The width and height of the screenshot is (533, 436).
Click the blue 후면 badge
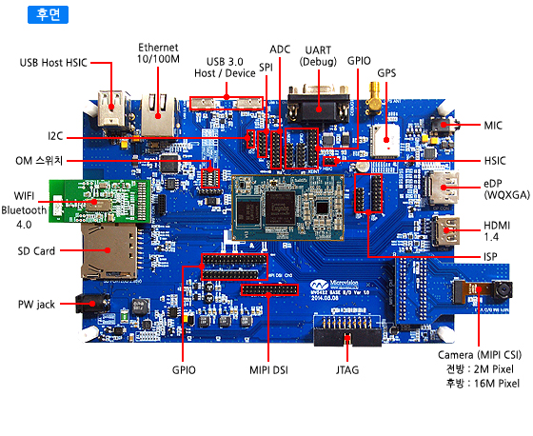[x=48, y=14]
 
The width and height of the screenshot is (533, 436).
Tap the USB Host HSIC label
[x=53, y=63]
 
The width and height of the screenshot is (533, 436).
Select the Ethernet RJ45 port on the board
[x=158, y=115]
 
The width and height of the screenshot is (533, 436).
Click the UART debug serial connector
[x=319, y=104]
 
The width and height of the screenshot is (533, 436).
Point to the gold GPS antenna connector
[x=374, y=98]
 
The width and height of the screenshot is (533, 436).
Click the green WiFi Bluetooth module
[x=100, y=201]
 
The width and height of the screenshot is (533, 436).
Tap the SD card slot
[x=109, y=251]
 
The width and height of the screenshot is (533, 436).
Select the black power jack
[x=91, y=304]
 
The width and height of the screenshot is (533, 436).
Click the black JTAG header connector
[x=347, y=331]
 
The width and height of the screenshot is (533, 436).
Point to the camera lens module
[x=503, y=290]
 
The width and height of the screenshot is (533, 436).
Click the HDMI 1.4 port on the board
[x=446, y=231]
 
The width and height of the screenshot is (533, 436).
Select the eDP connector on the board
[x=443, y=188]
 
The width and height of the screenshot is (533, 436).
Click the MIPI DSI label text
[x=268, y=370]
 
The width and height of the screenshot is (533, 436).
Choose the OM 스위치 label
[x=39, y=161]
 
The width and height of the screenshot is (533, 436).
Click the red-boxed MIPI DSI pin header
[x=269, y=289]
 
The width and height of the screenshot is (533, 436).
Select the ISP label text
[x=490, y=257]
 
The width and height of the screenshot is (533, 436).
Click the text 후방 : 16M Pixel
[x=483, y=384]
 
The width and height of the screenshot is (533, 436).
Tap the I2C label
[x=55, y=136]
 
